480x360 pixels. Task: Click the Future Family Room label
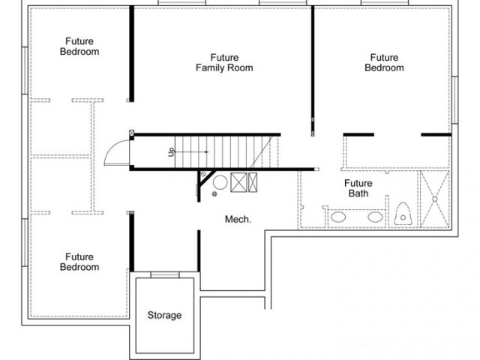pyautogui.click(x=224, y=62)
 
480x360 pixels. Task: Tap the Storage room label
pyautogui.click(x=164, y=315)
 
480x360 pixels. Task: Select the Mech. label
pyautogui.click(x=238, y=219)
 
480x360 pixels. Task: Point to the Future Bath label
pyautogui.click(x=358, y=188)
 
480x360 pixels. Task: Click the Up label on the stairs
pyautogui.click(x=172, y=151)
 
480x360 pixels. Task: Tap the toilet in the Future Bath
pyautogui.click(x=403, y=213)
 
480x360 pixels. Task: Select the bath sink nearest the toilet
pyautogui.click(x=375, y=217)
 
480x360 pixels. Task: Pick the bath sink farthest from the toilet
pyautogui.click(x=338, y=217)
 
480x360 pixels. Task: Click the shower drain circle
pyautogui.click(x=435, y=199)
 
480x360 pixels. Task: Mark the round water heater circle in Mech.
pyautogui.click(x=220, y=182)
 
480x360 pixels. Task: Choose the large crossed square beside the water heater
pyautogui.click(x=238, y=182)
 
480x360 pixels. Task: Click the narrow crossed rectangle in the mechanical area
pyautogui.click(x=253, y=182)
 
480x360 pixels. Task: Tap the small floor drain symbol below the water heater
pyautogui.click(x=214, y=193)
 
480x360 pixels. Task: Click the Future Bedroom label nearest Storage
pyautogui.click(x=79, y=262)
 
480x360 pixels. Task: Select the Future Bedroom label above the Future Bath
pyautogui.click(x=384, y=62)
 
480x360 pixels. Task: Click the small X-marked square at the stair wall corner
pyautogui.click(x=132, y=133)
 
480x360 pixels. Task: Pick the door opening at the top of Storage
pyautogui.click(x=165, y=275)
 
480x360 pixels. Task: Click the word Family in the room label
pyautogui.click(x=211, y=67)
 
